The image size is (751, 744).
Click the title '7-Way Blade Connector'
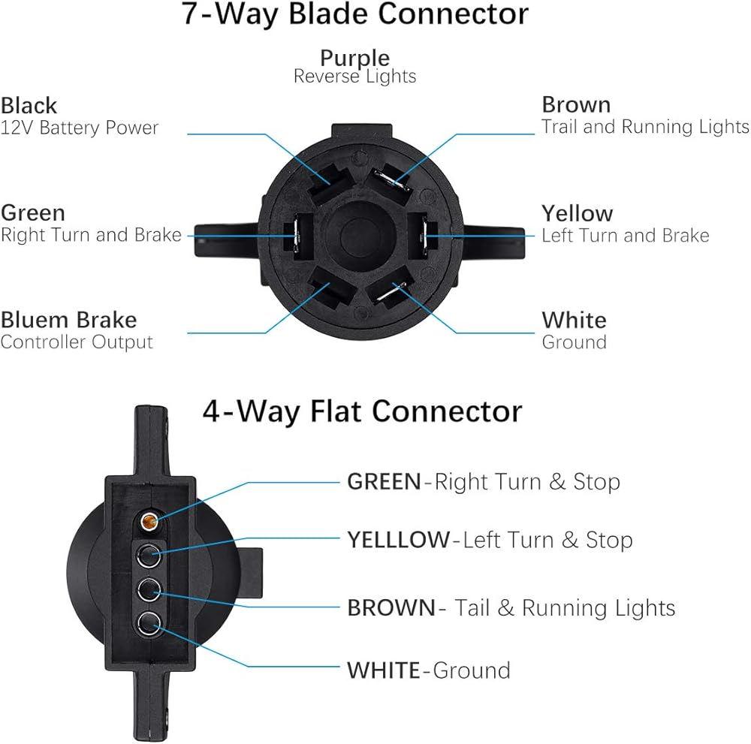pyautogui.click(x=355, y=15)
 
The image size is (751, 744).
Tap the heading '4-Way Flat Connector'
pyautogui.click(x=362, y=411)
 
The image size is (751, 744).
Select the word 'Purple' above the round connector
pyautogui.click(x=354, y=58)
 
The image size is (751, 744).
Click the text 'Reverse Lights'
pyautogui.click(x=354, y=77)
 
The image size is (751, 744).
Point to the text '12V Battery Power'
pyautogui.click(x=80, y=128)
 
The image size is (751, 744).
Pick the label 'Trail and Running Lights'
pyautogui.click(x=645, y=127)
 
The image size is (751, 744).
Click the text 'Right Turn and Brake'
pyautogui.click(x=91, y=235)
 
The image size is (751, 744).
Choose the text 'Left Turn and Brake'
pyautogui.click(x=625, y=236)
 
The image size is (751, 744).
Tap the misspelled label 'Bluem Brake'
pyautogui.click(x=68, y=320)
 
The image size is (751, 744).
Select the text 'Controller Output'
pyautogui.click(x=77, y=342)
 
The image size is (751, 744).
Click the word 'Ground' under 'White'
pyautogui.click(x=574, y=342)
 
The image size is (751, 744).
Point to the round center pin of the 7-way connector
pyautogui.click(x=355, y=232)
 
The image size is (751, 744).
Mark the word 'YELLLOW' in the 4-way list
pyautogui.click(x=397, y=540)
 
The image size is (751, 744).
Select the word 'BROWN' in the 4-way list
pyautogui.click(x=391, y=607)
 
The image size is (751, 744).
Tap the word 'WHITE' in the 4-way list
pyautogui.click(x=383, y=670)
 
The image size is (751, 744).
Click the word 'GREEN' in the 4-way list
pyautogui.click(x=384, y=481)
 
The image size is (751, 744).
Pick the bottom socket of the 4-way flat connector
pyautogui.click(x=150, y=622)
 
